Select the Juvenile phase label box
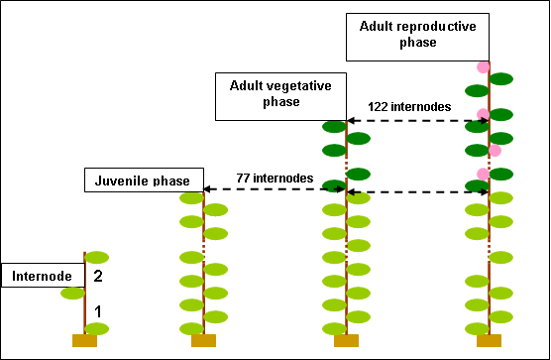[x=144, y=180]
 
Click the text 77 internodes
[x=275, y=179]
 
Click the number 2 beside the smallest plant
[x=98, y=277]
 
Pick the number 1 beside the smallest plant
[x=98, y=311]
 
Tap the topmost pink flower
[x=483, y=67]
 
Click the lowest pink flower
[x=483, y=175]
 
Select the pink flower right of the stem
[x=495, y=151]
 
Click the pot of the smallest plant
[x=84, y=341]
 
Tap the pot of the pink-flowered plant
[x=489, y=341]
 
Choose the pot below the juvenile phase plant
[x=203, y=341]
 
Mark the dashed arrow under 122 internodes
[x=415, y=121]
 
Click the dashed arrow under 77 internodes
[x=275, y=189]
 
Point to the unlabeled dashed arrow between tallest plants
[x=417, y=191]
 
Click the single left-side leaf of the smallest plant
[x=71, y=293]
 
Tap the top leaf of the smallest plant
[x=97, y=257]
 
